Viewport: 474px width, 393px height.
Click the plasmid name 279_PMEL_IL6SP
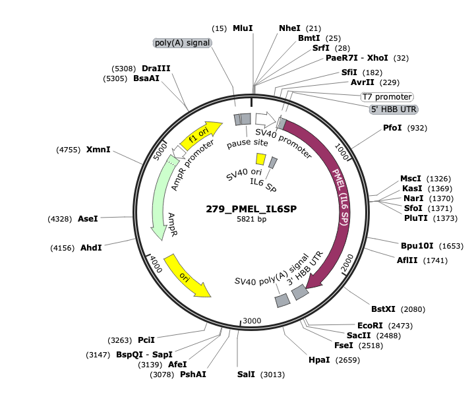(x=251, y=209)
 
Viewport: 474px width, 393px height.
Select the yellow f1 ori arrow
(x=201, y=135)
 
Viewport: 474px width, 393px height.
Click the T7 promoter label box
(x=387, y=97)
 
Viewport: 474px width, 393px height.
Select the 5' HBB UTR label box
(x=394, y=109)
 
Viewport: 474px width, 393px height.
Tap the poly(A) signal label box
(x=183, y=43)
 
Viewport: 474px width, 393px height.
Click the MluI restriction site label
(x=243, y=28)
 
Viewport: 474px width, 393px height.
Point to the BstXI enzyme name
(x=383, y=309)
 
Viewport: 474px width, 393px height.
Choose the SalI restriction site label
(x=246, y=375)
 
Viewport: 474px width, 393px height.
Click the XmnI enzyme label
(x=98, y=149)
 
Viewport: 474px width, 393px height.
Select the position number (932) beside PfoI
(x=417, y=128)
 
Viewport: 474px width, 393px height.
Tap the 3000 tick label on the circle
(x=252, y=320)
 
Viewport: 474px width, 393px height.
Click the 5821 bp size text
(x=252, y=219)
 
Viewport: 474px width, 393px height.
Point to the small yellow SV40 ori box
(x=260, y=159)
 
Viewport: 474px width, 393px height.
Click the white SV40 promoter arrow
(x=266, y=119)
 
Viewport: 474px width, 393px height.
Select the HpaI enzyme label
(x=319, y=360)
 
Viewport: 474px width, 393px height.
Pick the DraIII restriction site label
(x=156, y=69)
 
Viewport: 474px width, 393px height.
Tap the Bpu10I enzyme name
(x=417, y=246)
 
